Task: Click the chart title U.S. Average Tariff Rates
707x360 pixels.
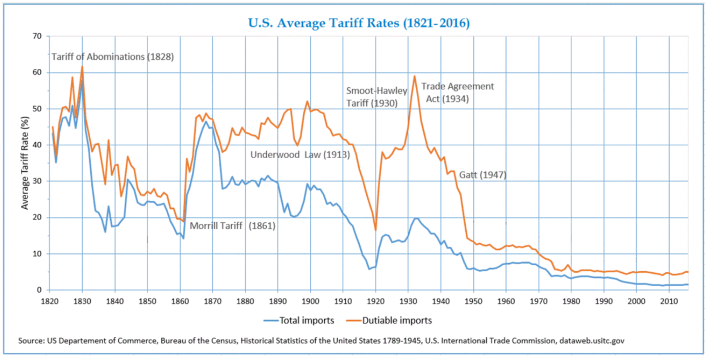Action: coord(359,23)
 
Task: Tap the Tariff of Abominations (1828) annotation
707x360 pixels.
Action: coord(113,57)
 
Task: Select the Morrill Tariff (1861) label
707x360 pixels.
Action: coord(233,226)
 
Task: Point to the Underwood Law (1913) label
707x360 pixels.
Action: coord(300,155)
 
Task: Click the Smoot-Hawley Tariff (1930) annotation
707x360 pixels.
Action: coord(376,97)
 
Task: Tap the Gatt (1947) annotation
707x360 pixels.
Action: coord(483,175)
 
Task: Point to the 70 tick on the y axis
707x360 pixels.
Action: coord(36,36)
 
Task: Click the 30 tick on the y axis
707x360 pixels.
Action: coord(36,181)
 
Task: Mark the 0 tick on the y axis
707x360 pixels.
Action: coord(38,290)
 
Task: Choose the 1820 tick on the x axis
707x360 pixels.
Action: coord(49,300)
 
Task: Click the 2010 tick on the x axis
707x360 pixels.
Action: coord(669,300)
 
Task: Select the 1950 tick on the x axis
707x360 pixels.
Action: coord(473,300)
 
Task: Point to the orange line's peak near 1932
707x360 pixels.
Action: coord(415,76)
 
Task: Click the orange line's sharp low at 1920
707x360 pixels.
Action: coord(375,230)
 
